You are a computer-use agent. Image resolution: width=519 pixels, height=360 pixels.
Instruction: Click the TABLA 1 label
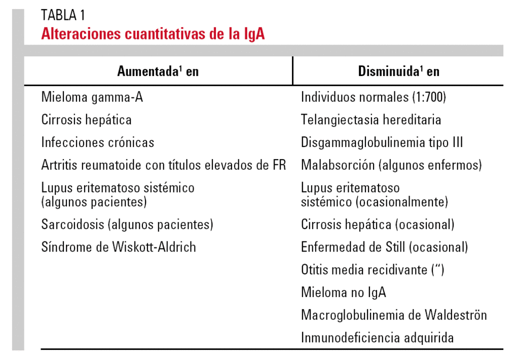pos(63,16)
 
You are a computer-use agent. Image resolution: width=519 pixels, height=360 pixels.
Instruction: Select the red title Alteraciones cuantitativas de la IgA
pos(153,34)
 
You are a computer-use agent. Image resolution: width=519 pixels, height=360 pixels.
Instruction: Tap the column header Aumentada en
pos(158,71)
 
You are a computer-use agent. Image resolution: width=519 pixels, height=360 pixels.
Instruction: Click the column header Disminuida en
pos(398,71)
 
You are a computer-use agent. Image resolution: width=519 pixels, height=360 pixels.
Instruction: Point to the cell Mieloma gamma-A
pos(92,97)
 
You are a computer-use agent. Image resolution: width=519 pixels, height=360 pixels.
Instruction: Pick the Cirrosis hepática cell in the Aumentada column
pos(87,120)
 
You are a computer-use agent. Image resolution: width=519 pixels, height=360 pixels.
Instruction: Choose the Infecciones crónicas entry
pos(98,142)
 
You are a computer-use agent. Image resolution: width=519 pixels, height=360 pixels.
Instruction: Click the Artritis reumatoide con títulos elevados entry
pos(164,165)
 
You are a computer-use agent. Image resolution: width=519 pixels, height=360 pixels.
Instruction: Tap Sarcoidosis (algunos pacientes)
pos(127,224)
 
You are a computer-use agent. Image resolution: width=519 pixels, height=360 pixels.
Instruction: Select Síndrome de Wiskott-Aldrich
pos(119,247)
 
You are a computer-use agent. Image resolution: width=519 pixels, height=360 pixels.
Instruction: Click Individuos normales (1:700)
pos(374,97)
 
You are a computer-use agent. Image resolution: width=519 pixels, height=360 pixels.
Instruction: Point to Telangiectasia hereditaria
pos(371,120)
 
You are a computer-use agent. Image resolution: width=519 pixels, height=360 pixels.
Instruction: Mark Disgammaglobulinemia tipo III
pos(382,142)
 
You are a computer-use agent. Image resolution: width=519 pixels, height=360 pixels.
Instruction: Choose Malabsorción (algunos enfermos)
pos(391,165)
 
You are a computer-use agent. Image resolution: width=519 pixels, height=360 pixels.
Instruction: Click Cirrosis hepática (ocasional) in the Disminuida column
pos(378,224)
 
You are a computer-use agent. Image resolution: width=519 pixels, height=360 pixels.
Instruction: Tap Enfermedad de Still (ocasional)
pos(384,247)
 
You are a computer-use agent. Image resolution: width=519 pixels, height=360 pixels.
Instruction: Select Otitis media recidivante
pos(373,270)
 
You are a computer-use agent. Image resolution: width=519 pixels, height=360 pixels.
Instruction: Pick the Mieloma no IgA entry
pos(344,292)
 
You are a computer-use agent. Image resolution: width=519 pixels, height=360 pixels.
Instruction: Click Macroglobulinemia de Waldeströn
pos(394,315)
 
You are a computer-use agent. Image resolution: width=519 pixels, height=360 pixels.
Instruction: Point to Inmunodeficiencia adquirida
pos(377,337)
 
